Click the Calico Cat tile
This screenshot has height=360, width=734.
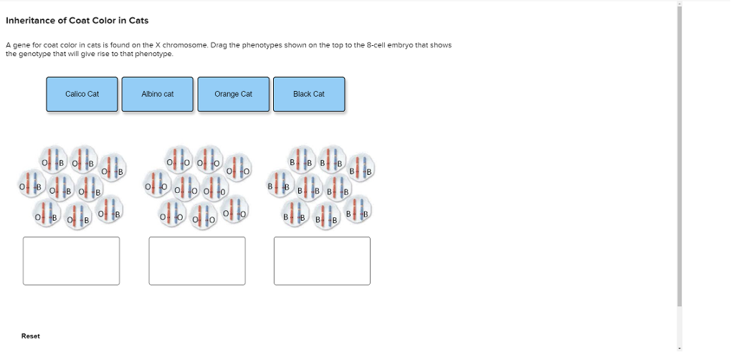pyautogui.click(x=82, y=94)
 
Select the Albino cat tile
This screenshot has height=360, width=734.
pyautogui.click(x=157, y=94)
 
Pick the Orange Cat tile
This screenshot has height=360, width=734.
pyautogui.click(x=233, y=94)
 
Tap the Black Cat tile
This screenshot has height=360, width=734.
pyautogui.click(x=309, y=94)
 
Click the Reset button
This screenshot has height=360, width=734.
pyautogui.click(x=30, y=336)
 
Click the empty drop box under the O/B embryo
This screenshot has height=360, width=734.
pyautogui.click(x=71, y=261)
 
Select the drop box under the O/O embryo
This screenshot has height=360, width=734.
pyautogui.click(x=197, y=261)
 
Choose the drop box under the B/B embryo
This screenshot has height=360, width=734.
pyautogui.click(x=322, y=261)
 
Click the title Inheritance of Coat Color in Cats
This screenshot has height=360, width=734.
pyautogui.click(x=77, y=21)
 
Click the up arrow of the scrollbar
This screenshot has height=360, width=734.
pyautogui.click(x=680, y=4)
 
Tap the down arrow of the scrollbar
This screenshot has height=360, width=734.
pyautogui.click(x=680, y=349)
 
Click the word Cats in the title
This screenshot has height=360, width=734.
pyautogui.click(x=139, y=21)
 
